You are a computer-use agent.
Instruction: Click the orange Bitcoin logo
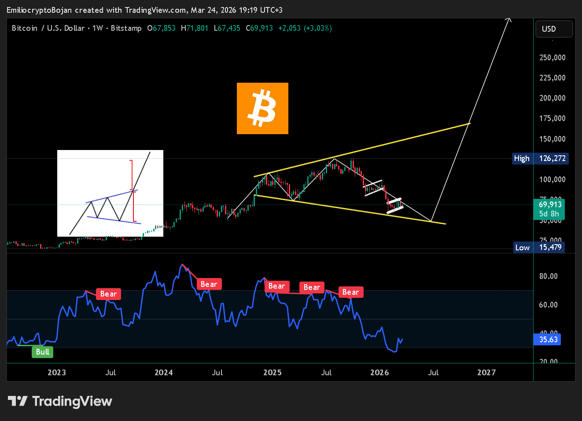click(262, 108)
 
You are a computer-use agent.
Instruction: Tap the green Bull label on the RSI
click(42, 352)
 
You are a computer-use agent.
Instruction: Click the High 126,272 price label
click(540, 158)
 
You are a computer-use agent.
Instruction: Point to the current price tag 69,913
click(550, 205)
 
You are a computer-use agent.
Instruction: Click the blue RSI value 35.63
click(548, 340)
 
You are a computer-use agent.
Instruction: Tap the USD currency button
click(554, 29)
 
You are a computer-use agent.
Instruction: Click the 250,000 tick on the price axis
click(552, 58)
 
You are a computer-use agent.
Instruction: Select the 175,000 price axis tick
click(552, 118)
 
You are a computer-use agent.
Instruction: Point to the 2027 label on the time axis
click(486, 373)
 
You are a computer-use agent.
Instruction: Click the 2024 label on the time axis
click(163, 373)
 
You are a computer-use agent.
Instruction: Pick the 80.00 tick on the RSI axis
click(548, 276)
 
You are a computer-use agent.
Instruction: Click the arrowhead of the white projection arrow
click(509, 19)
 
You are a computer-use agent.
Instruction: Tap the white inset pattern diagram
click(110, 193)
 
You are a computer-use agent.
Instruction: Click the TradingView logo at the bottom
click(60, 401)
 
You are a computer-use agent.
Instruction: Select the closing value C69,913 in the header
click(259, 28)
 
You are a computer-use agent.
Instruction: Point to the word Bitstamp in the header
click(126, 28)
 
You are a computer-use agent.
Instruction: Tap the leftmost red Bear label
click(108, 294)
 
